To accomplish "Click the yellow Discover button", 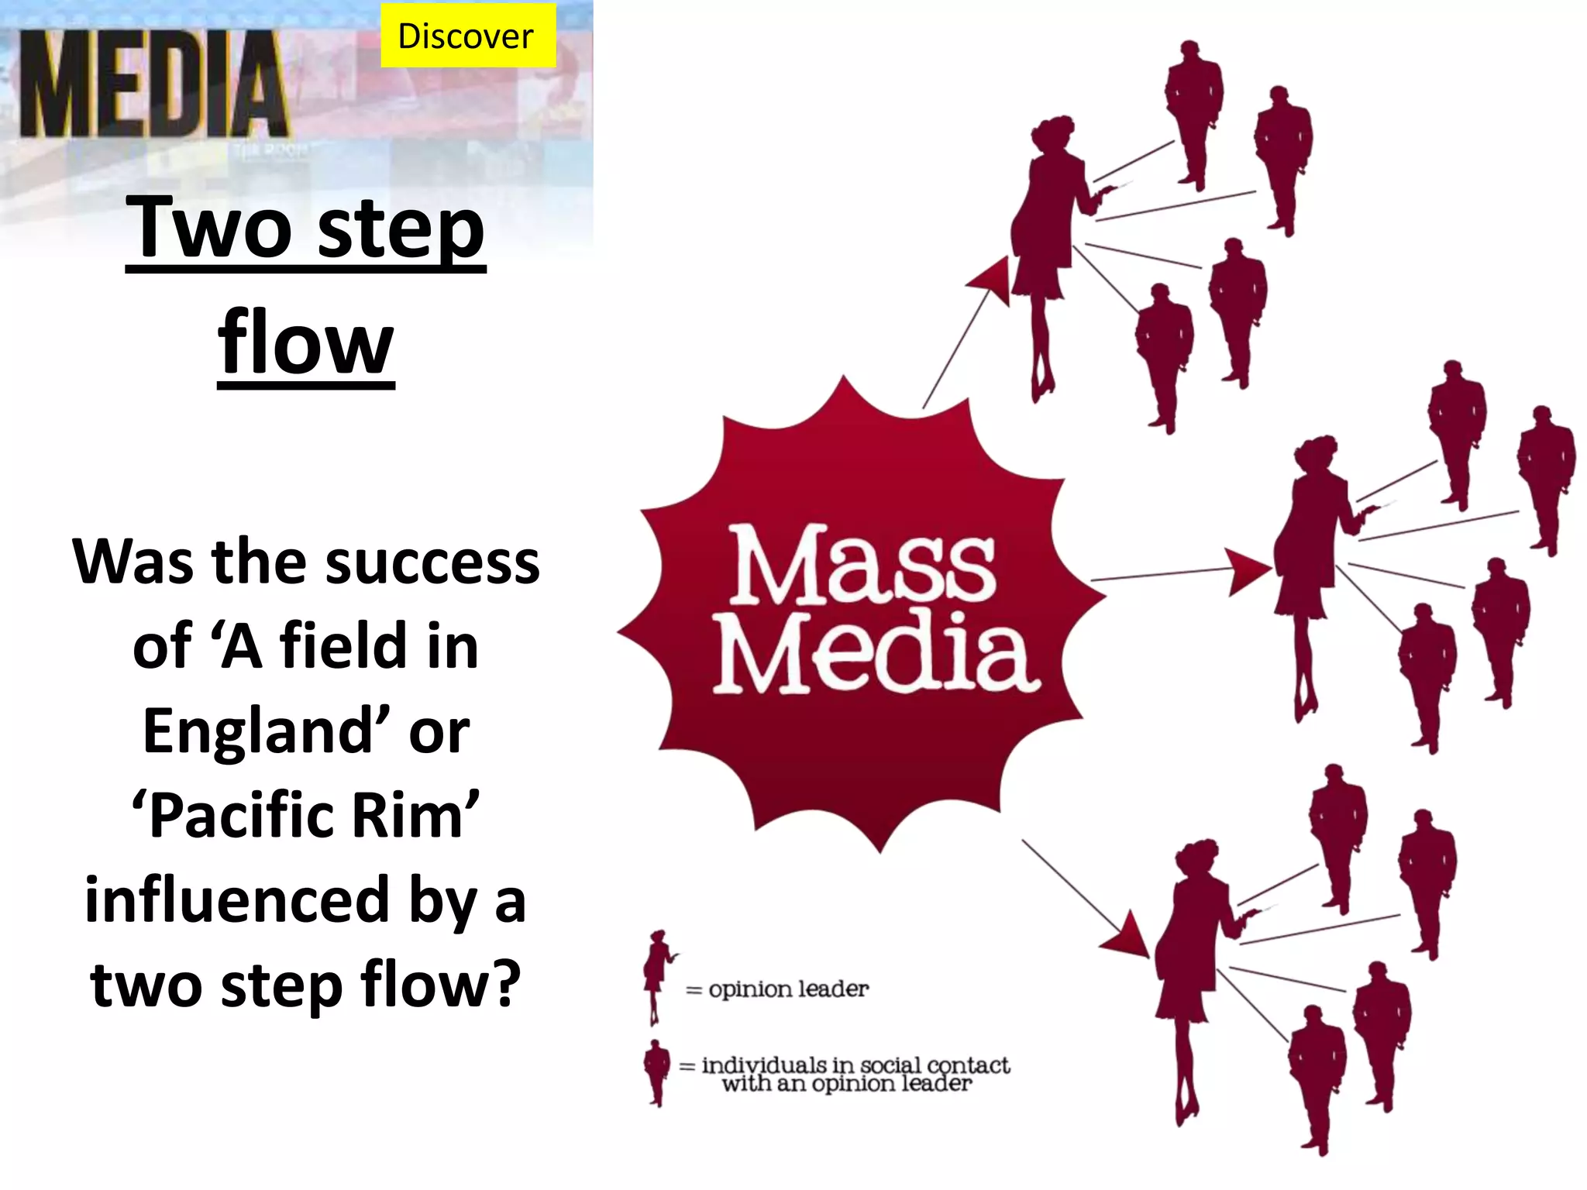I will (467, 36).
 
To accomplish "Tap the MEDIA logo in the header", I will (153, 85).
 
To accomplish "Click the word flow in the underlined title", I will (306, 343).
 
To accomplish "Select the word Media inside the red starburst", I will (876, 652).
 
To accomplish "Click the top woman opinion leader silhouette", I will (1046, 248).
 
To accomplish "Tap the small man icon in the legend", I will (657, 1071).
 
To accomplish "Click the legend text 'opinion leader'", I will (788, 989).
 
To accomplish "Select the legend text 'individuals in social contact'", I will (855, 1065).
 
